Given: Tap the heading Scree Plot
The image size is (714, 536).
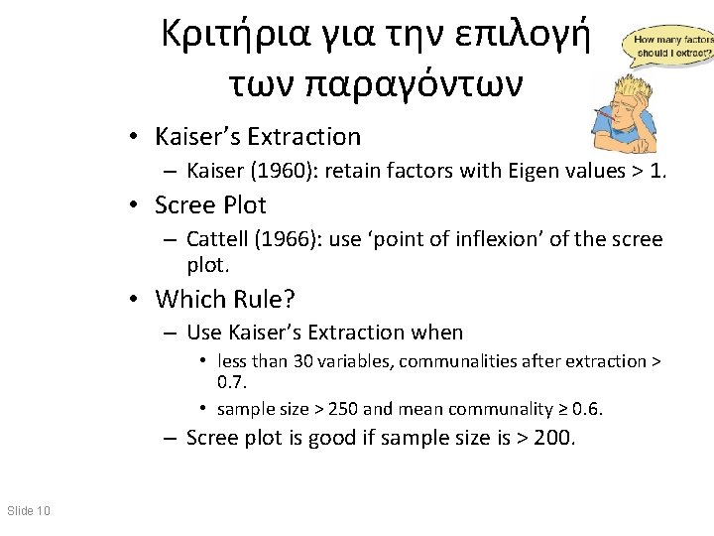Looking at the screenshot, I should [210, 204].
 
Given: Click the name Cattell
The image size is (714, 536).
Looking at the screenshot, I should [216, 239].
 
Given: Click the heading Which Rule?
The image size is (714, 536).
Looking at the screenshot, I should [226, 298].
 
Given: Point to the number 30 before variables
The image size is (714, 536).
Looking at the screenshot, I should [302, 361].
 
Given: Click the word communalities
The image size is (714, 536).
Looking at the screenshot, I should [453, 361].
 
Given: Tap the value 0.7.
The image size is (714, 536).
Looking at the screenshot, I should [232, 382].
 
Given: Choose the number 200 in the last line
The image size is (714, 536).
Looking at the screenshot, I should [552, 438].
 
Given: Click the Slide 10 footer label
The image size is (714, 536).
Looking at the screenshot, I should [28, 511].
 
